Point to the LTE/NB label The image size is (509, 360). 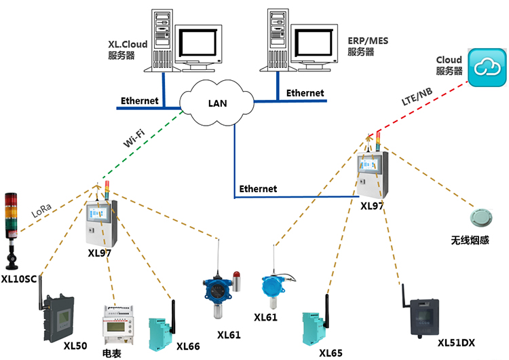(417, 99)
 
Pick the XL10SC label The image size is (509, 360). (19, 278)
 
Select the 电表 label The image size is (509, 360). (113, 353)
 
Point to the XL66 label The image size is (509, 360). (188, 346)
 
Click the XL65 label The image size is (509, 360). (331, 353)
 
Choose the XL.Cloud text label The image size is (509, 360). (128, 44)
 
